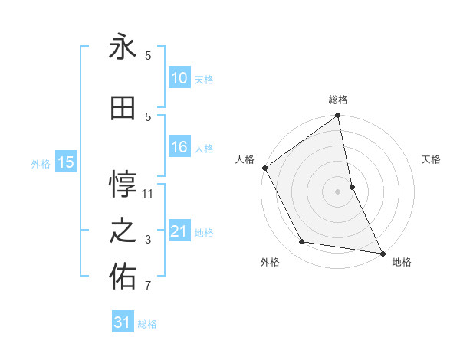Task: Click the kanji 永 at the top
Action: [123, 47]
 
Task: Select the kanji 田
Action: [123, 110]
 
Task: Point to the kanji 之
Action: [123, 232]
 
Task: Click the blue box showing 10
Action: [179, 78]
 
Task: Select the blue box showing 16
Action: [179, 148]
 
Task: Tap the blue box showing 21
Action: [179, 231]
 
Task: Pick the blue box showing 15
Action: [65, 162]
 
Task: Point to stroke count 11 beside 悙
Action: [148, 194]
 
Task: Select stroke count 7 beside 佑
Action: [148, 286]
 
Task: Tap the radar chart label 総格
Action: [338, 100]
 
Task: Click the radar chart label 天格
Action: [432, 159]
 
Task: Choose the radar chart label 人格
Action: [245, 159]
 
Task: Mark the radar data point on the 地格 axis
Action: [382, 252]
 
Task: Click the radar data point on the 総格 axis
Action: [338, 116]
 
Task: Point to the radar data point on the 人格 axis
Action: [264, 168]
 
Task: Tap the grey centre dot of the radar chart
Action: [338, 191]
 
